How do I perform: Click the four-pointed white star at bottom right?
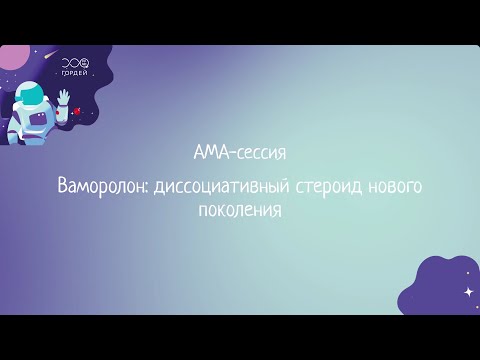point(467,291)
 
